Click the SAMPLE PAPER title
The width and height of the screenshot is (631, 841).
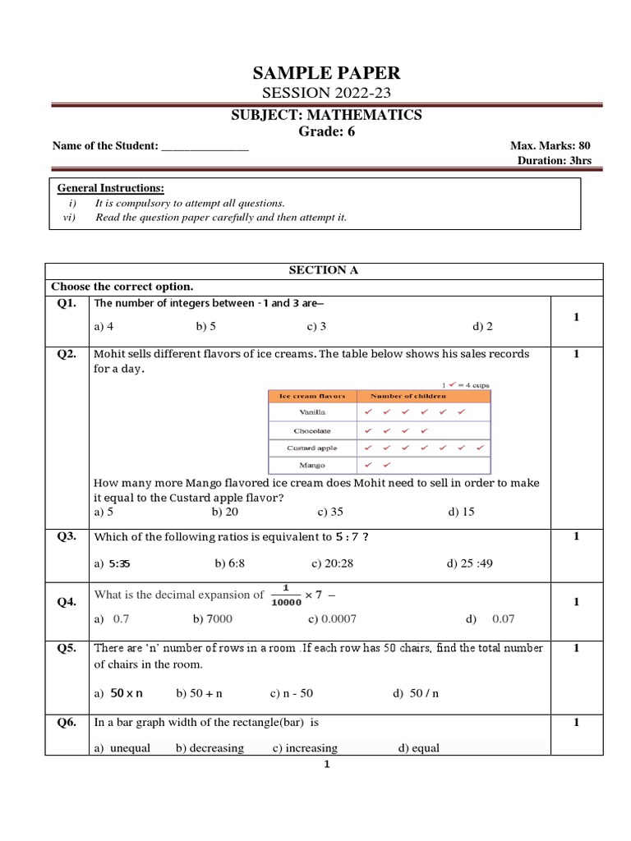click(326, 74)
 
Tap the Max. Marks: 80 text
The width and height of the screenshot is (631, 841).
click(550, 145)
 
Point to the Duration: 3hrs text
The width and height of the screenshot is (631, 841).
click(555, 160)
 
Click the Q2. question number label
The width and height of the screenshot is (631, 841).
click(67, 354)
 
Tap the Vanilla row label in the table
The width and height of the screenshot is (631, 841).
click(313, 411)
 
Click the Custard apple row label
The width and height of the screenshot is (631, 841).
click(313, 448)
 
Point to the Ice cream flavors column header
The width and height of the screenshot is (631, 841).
click(313, 396)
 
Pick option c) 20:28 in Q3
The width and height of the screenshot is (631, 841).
click(334, 563)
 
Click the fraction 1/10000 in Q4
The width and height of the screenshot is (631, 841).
click(287, 595)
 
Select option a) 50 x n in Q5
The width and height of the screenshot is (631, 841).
click(118, 693)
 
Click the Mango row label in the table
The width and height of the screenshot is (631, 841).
click(313, 465)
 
